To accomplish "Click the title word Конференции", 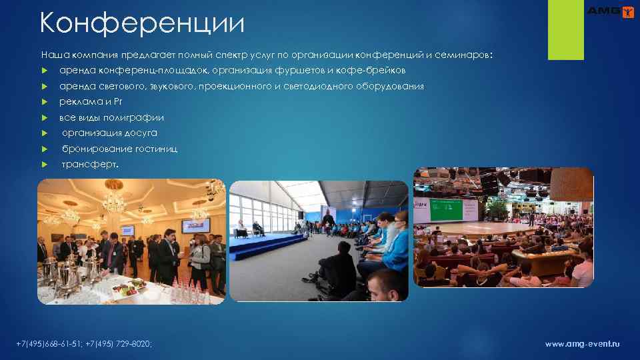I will [x=141, y=23].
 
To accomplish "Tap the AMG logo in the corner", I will [x=609, y=11].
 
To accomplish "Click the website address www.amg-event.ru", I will [x=582, y=344].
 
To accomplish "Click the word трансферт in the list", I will [x=89, y=164].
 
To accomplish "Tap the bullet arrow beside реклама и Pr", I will [x=45, y=102].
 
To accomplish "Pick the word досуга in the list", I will [x=141, y=133].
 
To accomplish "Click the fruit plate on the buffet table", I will [x=128, y=287].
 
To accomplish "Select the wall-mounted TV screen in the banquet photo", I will [x=195, y=225].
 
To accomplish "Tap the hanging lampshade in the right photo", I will [x=572, y=183].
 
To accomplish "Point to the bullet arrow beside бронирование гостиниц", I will [x=45, y=149].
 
